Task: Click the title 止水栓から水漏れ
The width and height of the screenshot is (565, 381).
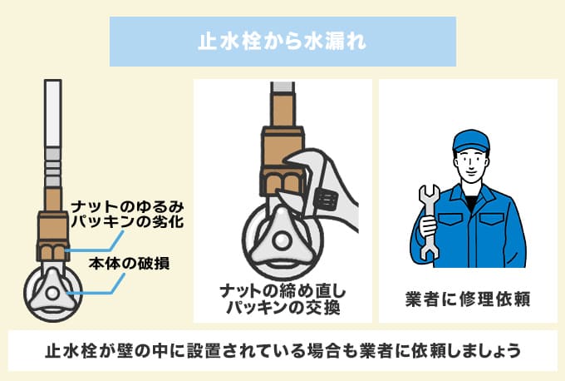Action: click(282, 41)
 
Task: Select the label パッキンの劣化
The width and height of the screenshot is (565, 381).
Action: click(127, 222)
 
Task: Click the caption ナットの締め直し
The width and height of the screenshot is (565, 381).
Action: click(282, 291)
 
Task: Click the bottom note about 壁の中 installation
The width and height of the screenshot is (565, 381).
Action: click(282, 350)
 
